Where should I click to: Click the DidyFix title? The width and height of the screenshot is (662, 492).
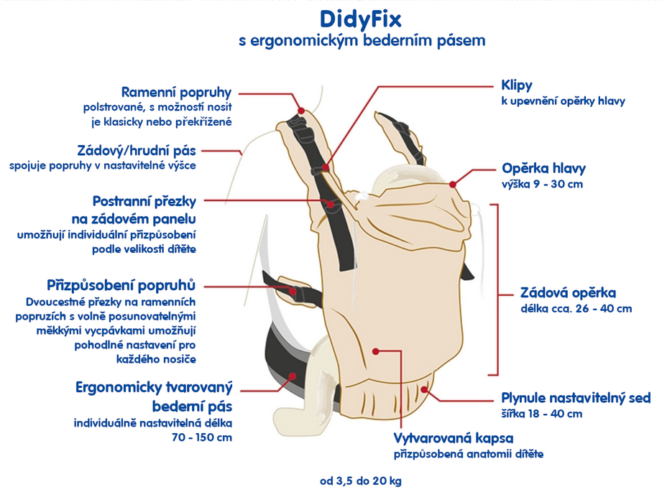point(361,17)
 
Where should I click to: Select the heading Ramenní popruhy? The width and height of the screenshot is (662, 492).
point(176,92)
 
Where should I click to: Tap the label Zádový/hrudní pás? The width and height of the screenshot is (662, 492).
point(136,151)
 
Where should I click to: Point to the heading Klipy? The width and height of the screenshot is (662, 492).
point(517,85)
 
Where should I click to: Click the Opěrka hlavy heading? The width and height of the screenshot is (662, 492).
point(543,169)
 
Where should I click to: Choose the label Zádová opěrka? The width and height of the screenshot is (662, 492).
point(568,293)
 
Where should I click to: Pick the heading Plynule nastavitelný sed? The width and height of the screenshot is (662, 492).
point(575,398)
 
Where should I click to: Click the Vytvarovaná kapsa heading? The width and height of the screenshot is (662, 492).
point(454,438)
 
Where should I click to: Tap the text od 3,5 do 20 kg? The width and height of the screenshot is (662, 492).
point(366,481)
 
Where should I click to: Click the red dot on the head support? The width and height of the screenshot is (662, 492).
point(453,185)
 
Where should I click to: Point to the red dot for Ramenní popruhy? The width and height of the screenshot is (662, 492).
point(301,111)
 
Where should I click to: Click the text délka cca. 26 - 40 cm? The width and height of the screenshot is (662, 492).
point(576,309)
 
